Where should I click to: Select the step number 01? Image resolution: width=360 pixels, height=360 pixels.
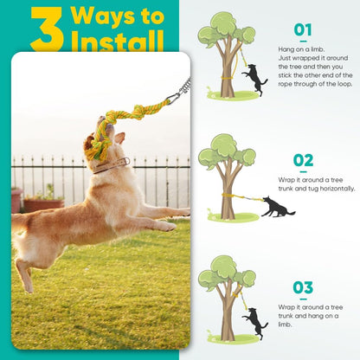pos(302,30)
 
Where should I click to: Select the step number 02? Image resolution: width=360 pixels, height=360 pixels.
pos(302,160)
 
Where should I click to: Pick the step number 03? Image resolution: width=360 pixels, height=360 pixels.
pos(302,287)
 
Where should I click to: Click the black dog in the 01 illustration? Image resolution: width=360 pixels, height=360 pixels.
pos(255,79)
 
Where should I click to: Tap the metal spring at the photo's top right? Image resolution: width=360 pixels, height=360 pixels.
pos(183,87)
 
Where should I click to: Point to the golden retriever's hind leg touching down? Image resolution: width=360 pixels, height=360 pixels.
pos(31,277)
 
